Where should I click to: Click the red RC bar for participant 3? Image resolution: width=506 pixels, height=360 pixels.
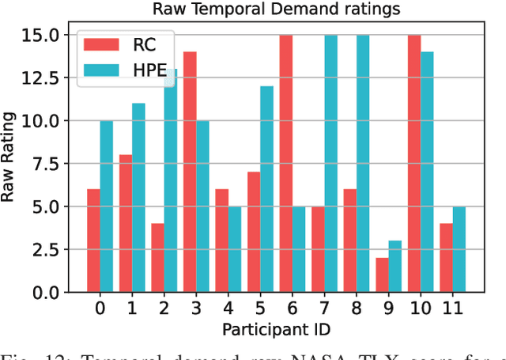coord(190,172)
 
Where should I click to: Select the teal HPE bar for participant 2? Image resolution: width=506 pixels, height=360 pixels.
coord(171,181)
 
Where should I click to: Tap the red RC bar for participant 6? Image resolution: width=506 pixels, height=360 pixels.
coord(286,164)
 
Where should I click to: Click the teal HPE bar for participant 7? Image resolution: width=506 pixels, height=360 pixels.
coord(331,164)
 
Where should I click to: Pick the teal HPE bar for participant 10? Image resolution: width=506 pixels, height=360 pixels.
coord(428,172)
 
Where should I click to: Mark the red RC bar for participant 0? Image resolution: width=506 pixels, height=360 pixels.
coord(93,241)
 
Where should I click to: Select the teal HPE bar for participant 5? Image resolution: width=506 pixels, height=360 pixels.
coord(267,190)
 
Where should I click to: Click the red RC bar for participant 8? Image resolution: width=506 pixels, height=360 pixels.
coord(350,241)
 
